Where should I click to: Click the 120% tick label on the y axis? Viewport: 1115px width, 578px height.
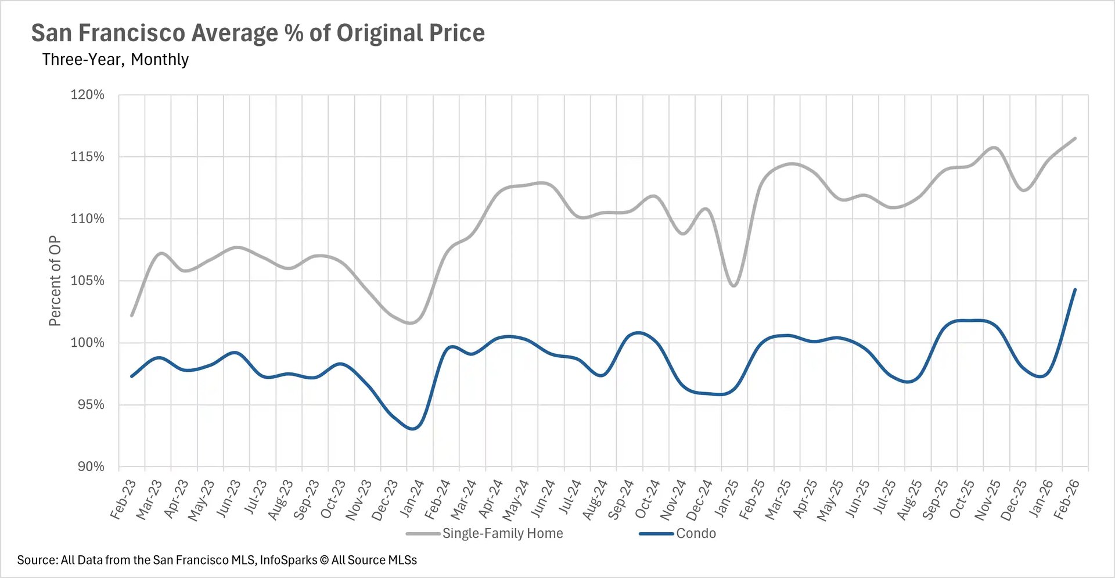pyautogui.click(x=87, y=95)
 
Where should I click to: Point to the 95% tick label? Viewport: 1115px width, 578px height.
pyautogui.click(x=91, y=405)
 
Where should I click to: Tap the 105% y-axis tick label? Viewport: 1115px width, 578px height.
pyautogui.click(x=87, y=281)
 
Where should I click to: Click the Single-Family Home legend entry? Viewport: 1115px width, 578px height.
pyautogui.click(x=502, y=533)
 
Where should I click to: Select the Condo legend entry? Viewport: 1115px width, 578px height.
pyautogui.click(x=696, y=533)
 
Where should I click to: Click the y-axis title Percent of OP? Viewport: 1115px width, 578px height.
pyautogui.click(x=55, y=281)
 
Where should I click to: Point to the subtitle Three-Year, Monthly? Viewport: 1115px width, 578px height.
pyautogui.click(x=115, y=59)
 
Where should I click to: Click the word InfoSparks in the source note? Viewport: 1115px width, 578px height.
pyautogui.click(x=288, y=560)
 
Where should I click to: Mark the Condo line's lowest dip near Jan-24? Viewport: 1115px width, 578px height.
pyautogui.click(x=413, y=429)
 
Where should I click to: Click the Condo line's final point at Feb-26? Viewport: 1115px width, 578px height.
pyautogui.click(x=1075, y=289)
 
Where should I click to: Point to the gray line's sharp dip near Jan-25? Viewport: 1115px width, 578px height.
pyautogui.click(x=734, y=286)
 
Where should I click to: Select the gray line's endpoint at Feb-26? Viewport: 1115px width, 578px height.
pyautogui.click(x=1076, y=138)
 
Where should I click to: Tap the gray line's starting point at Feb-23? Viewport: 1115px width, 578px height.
pyautogui.click(x=132, y=315)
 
